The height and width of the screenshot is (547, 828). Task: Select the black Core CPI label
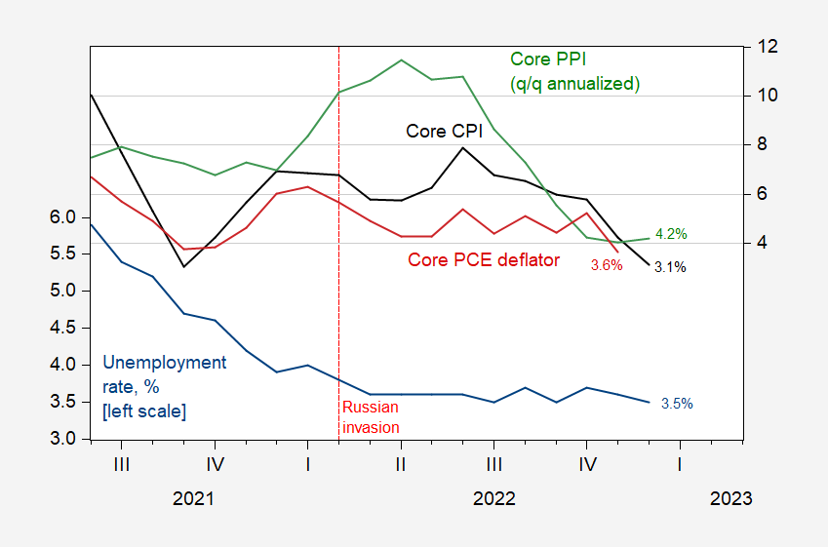[x=440, y=132]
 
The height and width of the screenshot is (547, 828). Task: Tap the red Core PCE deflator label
[x=484, y=259]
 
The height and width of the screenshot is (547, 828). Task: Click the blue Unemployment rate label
[x=164, y=363]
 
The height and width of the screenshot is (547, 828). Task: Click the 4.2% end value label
[x=671, y=234]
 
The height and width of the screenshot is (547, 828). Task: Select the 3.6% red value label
[x=606, y=265]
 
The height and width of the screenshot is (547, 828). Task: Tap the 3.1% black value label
[x=670, y=266]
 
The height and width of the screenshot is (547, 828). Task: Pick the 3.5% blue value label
[x=677, y=403]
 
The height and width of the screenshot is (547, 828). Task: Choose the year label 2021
[x=193, y=498]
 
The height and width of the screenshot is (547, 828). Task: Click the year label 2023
[x=731, y=498]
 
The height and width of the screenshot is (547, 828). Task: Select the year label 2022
[x=493, y=498]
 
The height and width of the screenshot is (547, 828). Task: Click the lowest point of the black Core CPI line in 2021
[x=183, y=266]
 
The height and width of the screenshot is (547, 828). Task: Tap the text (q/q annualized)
[x=575, y=84]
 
